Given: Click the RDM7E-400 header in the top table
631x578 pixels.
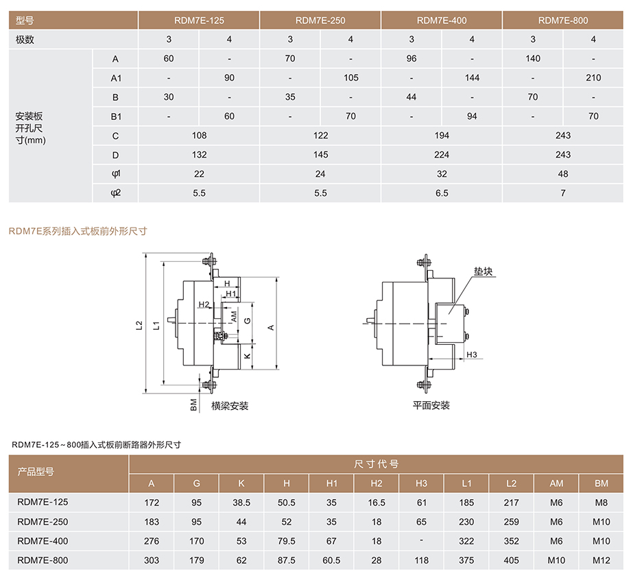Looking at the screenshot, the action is tap(442, 21).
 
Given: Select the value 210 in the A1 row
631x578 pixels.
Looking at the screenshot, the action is tap(593, 77).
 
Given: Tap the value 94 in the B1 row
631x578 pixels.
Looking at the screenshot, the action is tap(472, 117).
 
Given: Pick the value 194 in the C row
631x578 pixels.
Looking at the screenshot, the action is tap(442, 136).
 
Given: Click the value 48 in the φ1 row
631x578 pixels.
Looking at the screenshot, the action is tap(562, 173).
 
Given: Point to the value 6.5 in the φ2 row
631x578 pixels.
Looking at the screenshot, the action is tap(442, 193).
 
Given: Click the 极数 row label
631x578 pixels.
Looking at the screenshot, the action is tap(25, 39).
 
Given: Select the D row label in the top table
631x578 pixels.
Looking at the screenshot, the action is tap(115, 155).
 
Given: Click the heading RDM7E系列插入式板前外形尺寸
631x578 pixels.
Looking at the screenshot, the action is tap(78, 231).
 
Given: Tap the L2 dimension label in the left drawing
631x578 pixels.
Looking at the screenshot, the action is tap(139, 325).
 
